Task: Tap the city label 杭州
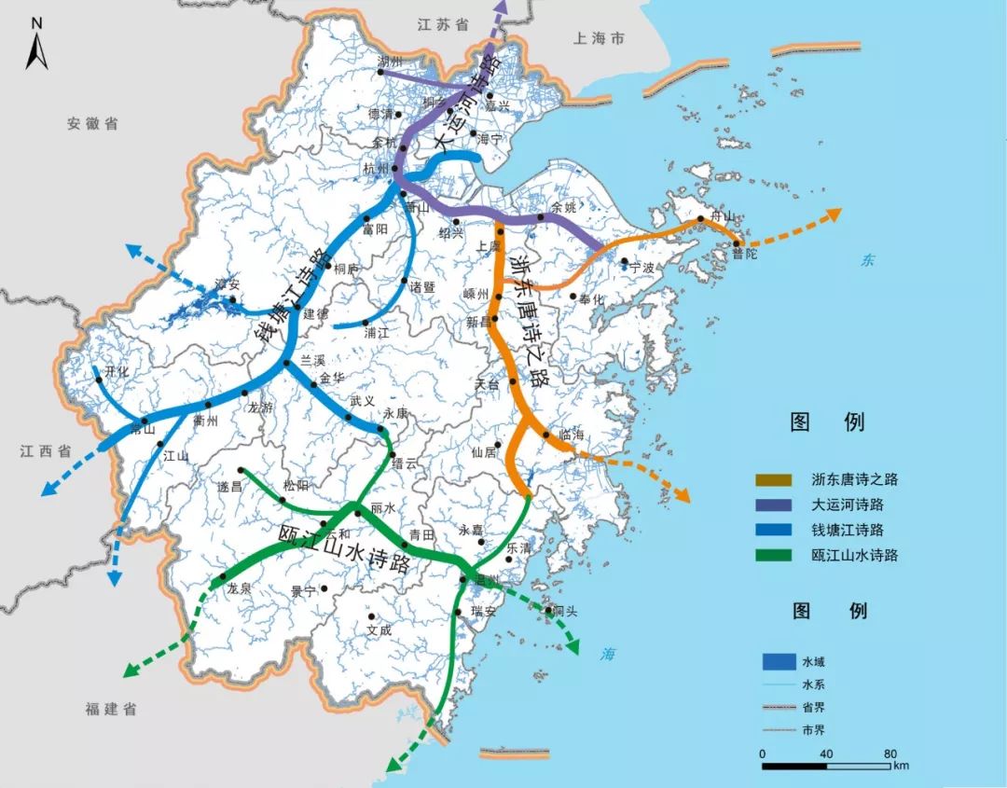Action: tap(375, 169)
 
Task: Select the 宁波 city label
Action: tap(642, 267)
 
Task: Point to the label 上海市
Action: tap(600, 39)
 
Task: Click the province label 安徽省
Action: tap(92, 123)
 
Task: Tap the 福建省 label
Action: tap(111, 710)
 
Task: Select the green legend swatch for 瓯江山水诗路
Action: tap(776, 556)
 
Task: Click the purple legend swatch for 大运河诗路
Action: tap(776, 505)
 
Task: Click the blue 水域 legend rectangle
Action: tap(777, 662)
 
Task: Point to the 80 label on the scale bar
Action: tap(890, 753)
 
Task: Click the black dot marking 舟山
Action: tap(702, 220)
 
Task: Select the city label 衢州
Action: tap(205, 421)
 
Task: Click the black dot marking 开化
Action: tap(97, 379)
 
